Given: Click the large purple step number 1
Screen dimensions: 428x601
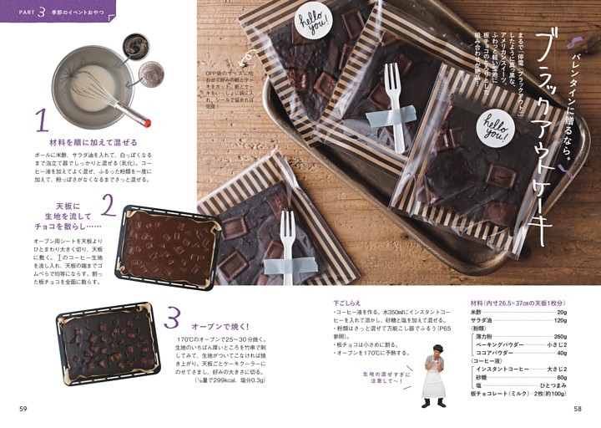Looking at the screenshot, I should [40, 122].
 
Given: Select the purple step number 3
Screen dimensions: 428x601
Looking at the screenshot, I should [172, 318].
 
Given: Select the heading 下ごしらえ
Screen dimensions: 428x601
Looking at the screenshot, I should [349, 303].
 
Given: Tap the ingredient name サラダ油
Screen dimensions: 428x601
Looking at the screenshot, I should [484, 320].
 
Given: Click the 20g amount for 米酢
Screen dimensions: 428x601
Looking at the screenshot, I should [561, 312].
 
